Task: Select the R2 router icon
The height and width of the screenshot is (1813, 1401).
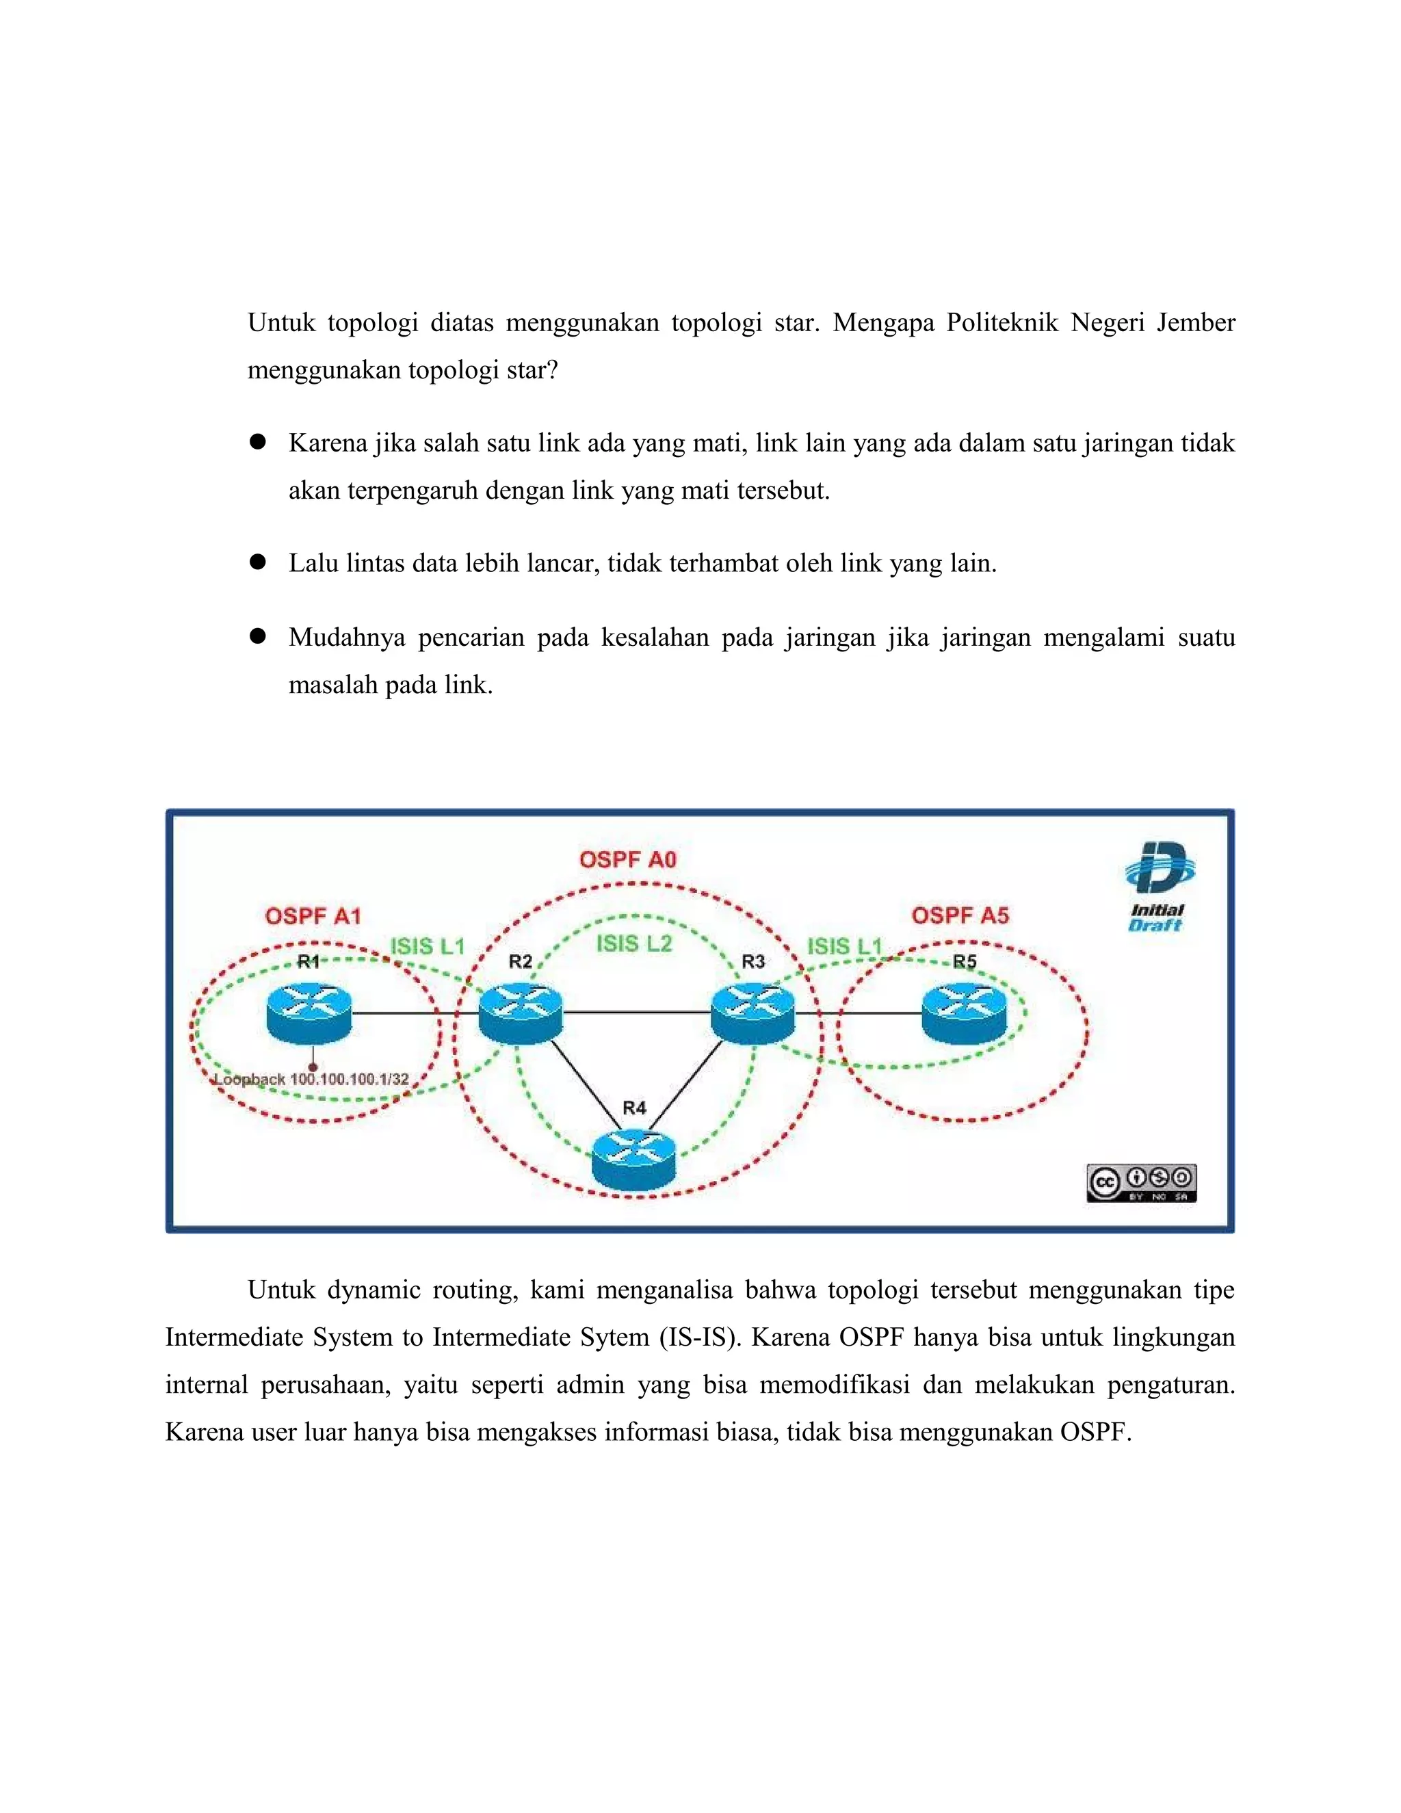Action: coord(521,1012)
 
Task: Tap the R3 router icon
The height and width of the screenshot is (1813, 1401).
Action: coord(752,1012)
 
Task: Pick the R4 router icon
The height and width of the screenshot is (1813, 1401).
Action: coord(634,1157)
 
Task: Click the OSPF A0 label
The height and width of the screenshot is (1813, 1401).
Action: coord(628,859)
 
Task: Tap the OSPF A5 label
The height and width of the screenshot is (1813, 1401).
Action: coord(960,915)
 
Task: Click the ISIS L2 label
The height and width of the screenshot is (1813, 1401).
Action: coord(634,944)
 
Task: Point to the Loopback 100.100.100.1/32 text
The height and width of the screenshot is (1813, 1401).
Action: coord(311,1079)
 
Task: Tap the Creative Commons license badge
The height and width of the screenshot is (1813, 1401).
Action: coord(1141,1182)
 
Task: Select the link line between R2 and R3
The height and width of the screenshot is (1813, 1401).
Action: coord(637,1012)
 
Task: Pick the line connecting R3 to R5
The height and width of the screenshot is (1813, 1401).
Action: coord(859,1013)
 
